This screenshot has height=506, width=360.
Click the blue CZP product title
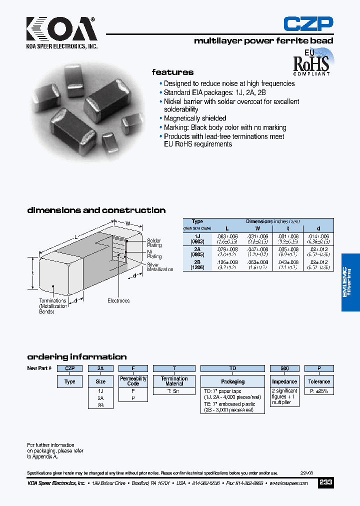[x=308, y=24]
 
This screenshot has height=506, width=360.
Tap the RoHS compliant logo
[x=311, y=62]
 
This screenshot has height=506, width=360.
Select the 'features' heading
[x=172, y=72]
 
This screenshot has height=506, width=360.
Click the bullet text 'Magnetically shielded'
[x=195, y=118]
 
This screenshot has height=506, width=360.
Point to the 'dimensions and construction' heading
[x=96, y=210]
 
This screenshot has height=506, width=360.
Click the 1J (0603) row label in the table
[x=197, y=238]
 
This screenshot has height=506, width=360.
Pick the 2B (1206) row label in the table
[x=197, y=264]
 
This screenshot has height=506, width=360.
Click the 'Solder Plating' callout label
[x=154, y=243]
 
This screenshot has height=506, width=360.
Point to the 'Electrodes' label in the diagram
[x=118, y=300]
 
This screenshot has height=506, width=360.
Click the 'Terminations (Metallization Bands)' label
[x=53, y=306]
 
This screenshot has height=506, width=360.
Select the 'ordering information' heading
[x=76, y=357]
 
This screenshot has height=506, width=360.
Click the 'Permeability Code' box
[x=133, y=381]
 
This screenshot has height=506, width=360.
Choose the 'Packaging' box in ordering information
[x=232, y=381]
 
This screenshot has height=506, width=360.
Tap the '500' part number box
[x=284, y=368]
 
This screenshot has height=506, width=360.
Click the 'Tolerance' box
[x=319, y=381]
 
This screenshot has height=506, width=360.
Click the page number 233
[x=325, y=482]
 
